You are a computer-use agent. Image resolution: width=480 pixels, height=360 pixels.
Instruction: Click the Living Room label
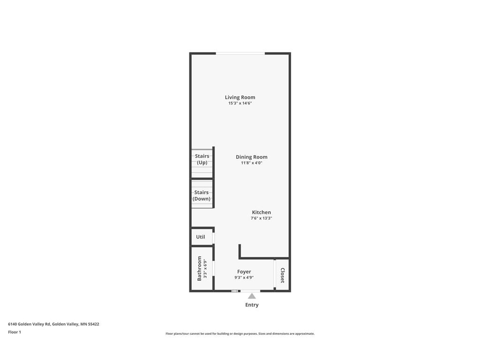click(240, 97)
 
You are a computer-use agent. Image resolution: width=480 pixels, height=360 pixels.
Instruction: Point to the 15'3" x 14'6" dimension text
click(240, 103)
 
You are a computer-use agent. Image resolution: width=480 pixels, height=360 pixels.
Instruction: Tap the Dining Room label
click(251, 157)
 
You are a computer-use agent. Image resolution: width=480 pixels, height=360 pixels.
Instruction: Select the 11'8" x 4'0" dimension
click(251, 163)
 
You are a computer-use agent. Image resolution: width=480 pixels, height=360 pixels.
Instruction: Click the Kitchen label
click(261, 212)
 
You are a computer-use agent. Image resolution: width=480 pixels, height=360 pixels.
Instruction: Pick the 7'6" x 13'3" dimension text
click(261, 218)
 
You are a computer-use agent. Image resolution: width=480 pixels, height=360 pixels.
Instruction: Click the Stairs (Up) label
click(202, 159)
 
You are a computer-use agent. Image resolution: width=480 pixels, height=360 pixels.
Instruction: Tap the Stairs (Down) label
click(202, 195)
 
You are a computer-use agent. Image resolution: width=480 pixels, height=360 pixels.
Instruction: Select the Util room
click(201, 237)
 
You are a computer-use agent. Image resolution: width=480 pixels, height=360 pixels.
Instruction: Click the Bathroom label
click(199, 268)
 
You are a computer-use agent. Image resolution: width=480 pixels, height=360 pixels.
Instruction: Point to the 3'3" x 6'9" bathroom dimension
click(205, 268)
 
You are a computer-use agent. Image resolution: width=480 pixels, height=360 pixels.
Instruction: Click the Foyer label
click(244, 272)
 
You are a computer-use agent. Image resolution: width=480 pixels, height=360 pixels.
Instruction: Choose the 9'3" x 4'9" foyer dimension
click(244, 277)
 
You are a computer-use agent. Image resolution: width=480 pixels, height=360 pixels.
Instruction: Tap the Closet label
click(283, 275)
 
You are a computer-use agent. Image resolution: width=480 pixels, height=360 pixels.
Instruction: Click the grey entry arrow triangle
click(252, 296)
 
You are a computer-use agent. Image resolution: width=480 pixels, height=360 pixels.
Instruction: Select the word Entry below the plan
click(252, 305)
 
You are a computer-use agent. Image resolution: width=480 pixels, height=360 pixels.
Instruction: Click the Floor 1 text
click(15, 332)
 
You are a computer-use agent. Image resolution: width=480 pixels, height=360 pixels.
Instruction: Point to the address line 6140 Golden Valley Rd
click(53, 324)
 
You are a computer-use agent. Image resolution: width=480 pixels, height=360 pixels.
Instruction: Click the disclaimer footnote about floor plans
click(240, 334)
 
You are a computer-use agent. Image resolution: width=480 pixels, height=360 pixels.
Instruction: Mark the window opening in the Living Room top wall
click(240, 53)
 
